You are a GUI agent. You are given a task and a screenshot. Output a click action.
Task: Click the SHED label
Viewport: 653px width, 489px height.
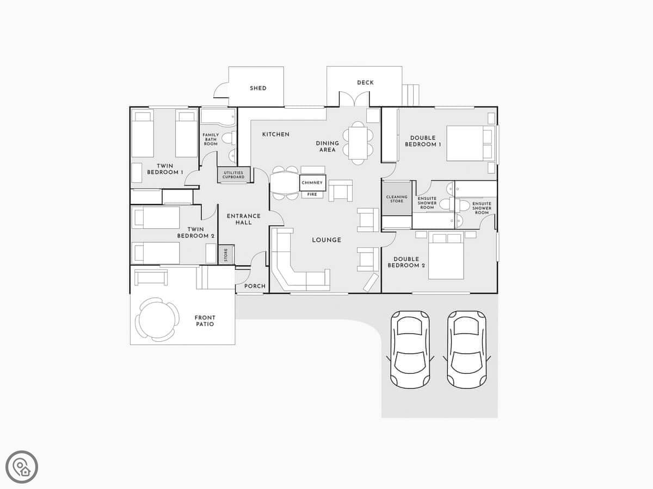258,88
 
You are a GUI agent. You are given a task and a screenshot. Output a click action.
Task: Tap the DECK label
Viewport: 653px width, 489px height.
365,83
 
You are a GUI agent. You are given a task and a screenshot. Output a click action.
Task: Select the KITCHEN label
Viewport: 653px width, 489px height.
276,135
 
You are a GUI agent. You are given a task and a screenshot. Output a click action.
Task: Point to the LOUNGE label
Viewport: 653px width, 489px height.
326,240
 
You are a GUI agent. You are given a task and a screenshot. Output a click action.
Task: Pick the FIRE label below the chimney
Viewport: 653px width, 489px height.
312,195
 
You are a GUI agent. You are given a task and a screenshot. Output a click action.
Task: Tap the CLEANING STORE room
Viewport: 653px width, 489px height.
397,199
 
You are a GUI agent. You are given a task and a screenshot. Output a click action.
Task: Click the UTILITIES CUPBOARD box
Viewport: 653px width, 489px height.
233,175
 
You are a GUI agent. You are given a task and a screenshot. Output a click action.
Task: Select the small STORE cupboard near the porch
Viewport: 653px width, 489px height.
226,255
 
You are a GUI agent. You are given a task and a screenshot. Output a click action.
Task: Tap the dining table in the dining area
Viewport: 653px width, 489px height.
358,143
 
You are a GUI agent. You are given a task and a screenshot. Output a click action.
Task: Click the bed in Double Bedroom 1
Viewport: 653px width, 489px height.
471,143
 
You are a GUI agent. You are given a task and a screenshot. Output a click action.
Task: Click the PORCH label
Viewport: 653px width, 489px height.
255,286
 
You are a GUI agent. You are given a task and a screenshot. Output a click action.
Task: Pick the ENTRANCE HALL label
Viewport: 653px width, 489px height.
244,220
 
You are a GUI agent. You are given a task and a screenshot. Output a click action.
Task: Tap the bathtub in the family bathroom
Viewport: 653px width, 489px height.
218,116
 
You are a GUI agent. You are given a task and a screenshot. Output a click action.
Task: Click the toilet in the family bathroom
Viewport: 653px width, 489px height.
229,139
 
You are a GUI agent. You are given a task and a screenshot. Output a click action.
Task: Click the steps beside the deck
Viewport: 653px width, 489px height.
410,95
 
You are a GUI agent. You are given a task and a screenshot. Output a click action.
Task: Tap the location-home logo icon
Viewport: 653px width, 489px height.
22,467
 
